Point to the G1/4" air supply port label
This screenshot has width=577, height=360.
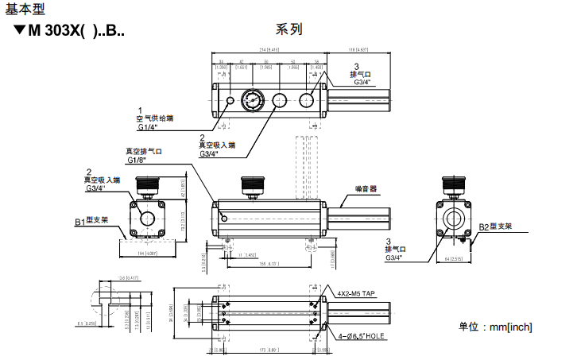148,126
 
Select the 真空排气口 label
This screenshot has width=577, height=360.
143,151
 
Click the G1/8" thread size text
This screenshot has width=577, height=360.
137,160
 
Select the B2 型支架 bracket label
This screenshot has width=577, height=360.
495,226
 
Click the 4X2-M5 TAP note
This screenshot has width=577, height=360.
355,293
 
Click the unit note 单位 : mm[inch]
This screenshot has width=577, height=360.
495,327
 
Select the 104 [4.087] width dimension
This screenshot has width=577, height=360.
147,253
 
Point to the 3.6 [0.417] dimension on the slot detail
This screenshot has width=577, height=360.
129,278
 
